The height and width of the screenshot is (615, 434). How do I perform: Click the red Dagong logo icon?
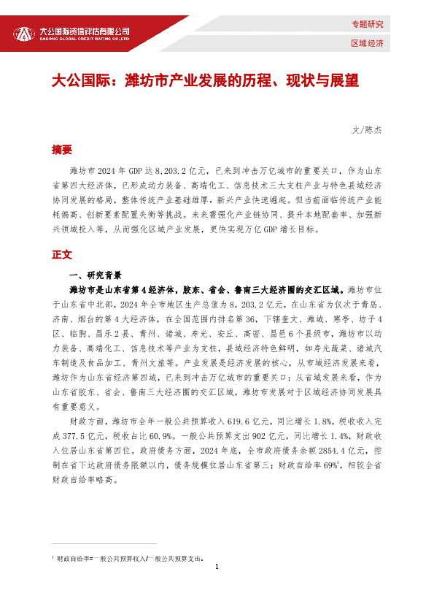tap(24, 34)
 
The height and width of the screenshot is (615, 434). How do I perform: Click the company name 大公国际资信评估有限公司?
tap(84, 31)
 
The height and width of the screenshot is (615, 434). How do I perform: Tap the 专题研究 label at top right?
tap(367, 25)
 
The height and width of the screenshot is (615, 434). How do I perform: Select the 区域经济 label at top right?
tap(367, 43)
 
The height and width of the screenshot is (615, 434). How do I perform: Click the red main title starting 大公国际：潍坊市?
tap(205, 80)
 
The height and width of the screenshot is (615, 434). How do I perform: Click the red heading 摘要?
tap(61, 150)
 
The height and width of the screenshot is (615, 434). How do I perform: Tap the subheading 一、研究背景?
tap(93, 275)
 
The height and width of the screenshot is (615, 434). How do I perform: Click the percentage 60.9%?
tap(155, 434)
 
